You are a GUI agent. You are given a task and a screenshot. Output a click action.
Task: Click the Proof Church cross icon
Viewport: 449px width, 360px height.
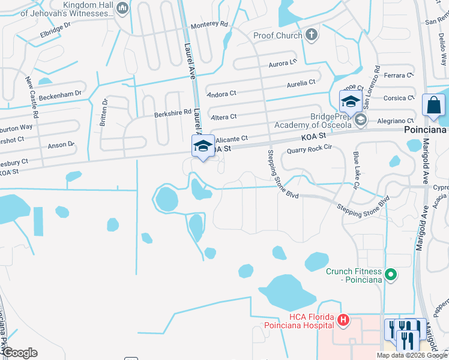tap(311, 35)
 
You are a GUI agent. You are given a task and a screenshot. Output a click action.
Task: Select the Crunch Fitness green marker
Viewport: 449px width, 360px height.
tap(391, 275)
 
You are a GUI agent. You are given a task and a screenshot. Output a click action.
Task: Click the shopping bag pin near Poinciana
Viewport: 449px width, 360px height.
tap(433, 106)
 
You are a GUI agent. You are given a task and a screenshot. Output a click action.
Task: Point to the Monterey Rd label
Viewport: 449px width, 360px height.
tap(209, 25)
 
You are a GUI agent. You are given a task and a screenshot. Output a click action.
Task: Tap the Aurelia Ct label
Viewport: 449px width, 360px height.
tap(301, 83)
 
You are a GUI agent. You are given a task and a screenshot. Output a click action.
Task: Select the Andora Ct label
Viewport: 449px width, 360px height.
tap(222, 95)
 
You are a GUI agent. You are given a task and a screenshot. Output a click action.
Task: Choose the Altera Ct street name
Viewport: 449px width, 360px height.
tap(223, 116)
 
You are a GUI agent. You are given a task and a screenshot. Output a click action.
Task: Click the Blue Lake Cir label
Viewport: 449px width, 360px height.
tap(355, 171)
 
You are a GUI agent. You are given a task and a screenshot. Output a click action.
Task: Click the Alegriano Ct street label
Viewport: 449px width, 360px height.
tap(394, 120)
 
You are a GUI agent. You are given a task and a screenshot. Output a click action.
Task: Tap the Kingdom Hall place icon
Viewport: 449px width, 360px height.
tap(123, 8)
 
